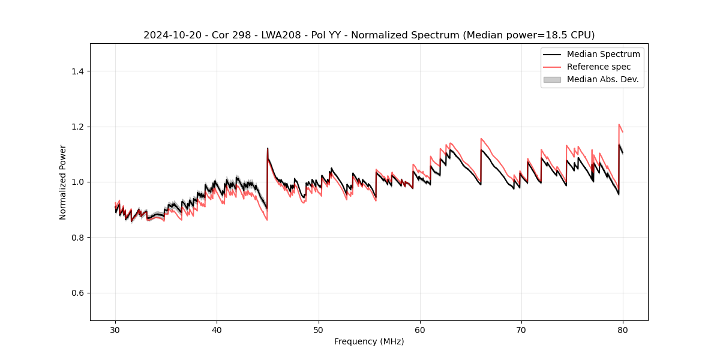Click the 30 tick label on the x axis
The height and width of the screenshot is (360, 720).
pyautogui.click(x=115, y=329)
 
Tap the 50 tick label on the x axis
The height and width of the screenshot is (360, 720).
pyautogui.click(x=318, y=329)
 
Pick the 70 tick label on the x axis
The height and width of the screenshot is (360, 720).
pyautogui.click(x=521, y=329)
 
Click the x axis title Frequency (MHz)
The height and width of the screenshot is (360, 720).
pyautogui.click(x=369, y=341)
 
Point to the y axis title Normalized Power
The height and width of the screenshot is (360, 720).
pyautogui.click(x=63, y=182)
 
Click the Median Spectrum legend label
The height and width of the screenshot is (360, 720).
pyautogui.click(x=603, y=54)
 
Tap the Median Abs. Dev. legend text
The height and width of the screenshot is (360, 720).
pyautogui.click(x=602, y=79)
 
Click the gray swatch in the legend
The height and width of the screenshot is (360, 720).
pyautogui.click(x=552, y=79)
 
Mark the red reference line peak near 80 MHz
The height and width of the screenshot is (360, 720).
pyautogui.click(x=619, y=125)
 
